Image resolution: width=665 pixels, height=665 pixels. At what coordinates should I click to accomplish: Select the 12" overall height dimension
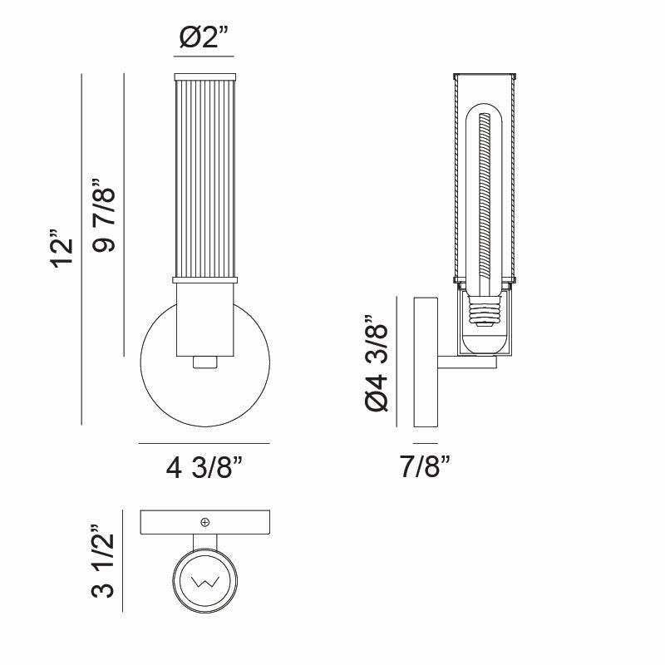pos(63,249)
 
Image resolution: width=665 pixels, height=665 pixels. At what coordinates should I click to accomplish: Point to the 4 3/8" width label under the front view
pos(204,469)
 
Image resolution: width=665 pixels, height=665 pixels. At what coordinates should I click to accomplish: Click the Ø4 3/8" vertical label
pos(377,362)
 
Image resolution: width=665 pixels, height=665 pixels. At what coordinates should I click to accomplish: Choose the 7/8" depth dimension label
pos(426,467)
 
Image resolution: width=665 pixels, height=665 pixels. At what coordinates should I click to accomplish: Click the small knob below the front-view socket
pos(204,362)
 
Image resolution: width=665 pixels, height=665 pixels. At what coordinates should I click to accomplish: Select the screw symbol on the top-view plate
pos(205,522)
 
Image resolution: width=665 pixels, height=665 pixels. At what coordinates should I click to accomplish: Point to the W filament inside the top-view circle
pos(204,580)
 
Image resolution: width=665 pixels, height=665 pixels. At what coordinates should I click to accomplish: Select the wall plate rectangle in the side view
pos(426,362)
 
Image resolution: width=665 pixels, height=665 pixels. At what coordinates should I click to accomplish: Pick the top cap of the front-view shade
pos(204,77)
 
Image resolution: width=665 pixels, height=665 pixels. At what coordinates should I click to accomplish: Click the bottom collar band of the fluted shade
pos(204,280)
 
